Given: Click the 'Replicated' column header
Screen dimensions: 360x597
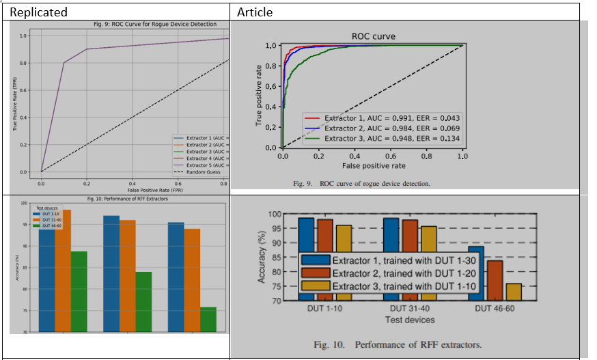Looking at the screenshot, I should point(38,12).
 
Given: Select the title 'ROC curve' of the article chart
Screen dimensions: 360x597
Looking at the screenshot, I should point(373,36).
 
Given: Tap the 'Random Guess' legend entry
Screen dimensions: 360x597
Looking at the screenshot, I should point(205,171).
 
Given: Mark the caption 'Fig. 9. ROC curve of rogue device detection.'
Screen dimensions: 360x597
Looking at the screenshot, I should point(361,183).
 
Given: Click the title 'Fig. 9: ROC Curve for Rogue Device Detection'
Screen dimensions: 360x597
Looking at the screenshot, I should point(155,24).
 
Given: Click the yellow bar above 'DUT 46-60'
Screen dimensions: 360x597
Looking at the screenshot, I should point(514,292).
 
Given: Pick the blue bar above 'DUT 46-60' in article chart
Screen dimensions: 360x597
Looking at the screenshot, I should point(477,273).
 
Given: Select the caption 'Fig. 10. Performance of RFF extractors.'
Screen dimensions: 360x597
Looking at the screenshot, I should point(398,344).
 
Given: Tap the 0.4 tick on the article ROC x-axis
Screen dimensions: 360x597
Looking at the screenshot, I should point(355,156).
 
